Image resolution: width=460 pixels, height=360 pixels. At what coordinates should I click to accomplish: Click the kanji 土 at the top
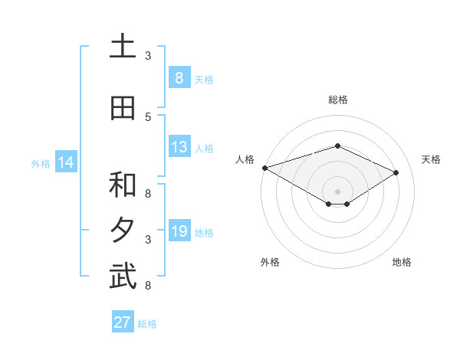[123, 47]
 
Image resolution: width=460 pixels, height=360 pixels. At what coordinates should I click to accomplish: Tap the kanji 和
[123, 185]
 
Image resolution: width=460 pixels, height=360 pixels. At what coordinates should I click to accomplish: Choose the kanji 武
[123, 277]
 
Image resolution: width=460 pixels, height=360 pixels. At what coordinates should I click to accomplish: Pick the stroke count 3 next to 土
[148, 56]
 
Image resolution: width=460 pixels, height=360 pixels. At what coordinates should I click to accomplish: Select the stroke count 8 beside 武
[148, 286]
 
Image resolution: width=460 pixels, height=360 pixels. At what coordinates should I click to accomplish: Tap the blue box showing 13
[179, 147]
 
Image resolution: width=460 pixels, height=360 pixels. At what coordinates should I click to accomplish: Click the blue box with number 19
[179, 231]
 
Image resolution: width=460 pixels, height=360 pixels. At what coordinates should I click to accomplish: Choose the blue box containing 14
[65, 162]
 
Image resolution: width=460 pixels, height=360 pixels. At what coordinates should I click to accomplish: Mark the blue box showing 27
[122, 322]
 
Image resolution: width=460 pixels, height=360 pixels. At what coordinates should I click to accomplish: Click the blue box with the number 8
[179, 78]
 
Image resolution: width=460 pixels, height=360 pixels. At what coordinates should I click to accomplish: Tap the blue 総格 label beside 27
[147, 324]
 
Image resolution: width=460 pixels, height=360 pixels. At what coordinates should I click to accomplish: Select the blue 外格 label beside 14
[41, 163]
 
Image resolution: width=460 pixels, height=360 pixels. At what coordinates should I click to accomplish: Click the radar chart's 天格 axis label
[431, 159]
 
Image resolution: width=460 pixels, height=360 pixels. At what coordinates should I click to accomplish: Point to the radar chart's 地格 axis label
[402, 262]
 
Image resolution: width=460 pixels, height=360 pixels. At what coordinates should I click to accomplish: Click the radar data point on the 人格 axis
[264, 168]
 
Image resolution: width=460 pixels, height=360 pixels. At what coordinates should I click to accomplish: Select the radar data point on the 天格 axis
[396, 172]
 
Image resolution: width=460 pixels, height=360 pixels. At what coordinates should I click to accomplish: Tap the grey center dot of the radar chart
[337, 191]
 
